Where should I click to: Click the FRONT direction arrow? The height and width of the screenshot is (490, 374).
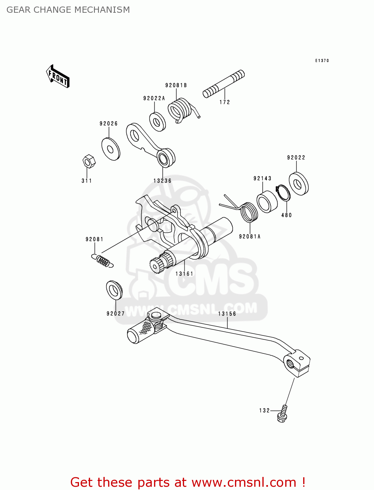pyautogui.click(x=58, y=76)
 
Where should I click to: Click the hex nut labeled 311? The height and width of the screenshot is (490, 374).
pyautogui.click(x=88, y=161)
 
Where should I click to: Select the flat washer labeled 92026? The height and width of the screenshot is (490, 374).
pyautogui.click(x=111, y=149)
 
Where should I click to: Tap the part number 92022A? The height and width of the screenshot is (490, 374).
pyautogui.click(x=154, y=98)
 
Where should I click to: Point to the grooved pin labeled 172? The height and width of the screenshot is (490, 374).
pyautogui.click(x=224, y=84)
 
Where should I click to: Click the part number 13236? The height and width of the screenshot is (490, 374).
pyautogui.click(x=162, y=181)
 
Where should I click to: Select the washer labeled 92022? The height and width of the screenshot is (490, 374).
pyautogui.click(x=299, y=184)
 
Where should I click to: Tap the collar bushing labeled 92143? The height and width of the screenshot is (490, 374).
pyautogui.click(x=267, y=202)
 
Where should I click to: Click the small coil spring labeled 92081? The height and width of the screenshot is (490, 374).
pyautogui.click(x=102, y=261)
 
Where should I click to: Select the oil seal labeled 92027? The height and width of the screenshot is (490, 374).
pyautogui.click(x=114, y=290)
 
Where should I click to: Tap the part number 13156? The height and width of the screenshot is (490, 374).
pyautogui.click(x=227, y=314)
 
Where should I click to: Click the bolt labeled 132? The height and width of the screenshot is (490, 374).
pyautogui.click(x=283, y=414)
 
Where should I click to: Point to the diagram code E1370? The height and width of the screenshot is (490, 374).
pyautogui.click(x=322, y=61)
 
